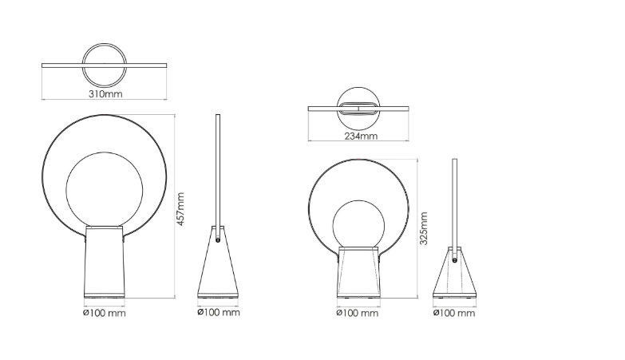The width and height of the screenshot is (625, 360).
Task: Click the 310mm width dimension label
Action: click(x=105, y=94)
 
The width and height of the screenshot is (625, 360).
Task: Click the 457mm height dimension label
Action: click(x=180, y=209)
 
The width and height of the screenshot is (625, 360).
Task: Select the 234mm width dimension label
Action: click(x=361, y=136)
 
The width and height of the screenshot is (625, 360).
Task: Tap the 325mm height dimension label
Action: click(x=423, y=228)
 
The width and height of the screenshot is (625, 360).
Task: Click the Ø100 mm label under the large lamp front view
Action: click(x=105, y=313)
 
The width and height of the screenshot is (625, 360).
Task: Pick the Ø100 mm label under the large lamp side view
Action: click(x=219, y=312)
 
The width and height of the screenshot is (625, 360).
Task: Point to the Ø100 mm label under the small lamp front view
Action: click(x=358, y=313)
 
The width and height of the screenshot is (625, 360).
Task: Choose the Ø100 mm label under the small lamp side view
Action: click(x=454, y=313)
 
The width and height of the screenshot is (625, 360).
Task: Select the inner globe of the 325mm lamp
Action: click(x=333, y=225)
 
